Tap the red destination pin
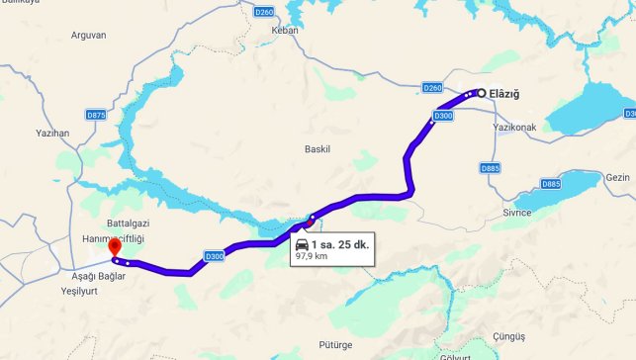click(x=114, y=247)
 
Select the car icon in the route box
click(x=301, y=243)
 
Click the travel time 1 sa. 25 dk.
click(x=338, y=244)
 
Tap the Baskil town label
click(x=317, y=149)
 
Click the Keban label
click(x=284, y=30)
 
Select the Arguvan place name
click(x=89, y=35)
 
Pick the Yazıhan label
click(x=52, y=132)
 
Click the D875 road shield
click(x=96, y=115)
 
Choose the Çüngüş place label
click(x=507, y=336)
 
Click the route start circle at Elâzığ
click(x=482, y=93)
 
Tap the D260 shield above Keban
click(x=263, y=12)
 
